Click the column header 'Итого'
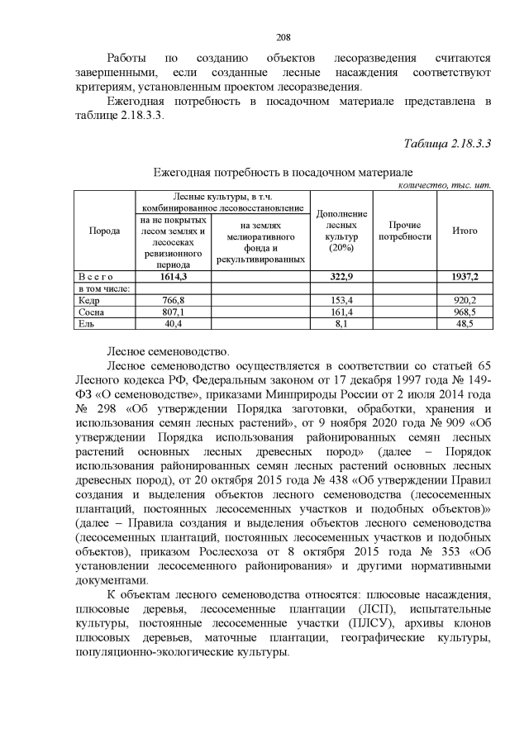pyautogui.click(x=465, y=231)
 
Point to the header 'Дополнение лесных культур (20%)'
pyautogui.click(x=340, y=231)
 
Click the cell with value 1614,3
pyautogui.click(x=173, y=277)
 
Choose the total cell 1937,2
pyautogui.click(x=465, y=277)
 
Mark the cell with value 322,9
pyautogui.click(x=341, y=277)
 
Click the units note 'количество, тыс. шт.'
pyautogui.click(x=445, y=185)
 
